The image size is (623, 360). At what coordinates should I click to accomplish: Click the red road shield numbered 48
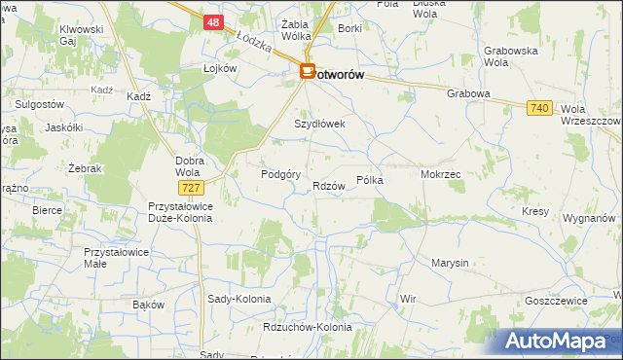[x=214, y=19]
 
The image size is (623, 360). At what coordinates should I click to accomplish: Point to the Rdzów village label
[x=329, y=186]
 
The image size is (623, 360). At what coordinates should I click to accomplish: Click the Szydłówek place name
[x=320, y=125]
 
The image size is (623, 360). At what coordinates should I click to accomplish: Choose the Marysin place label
[x=450, y=263]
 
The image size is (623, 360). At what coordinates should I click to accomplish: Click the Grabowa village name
[x=467, y=93]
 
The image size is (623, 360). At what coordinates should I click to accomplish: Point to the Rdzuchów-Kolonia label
[x=307, y=327]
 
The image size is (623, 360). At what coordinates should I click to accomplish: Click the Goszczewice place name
[x=555, y=301]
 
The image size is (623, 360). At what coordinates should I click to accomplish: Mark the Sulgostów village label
[x=34, y=103]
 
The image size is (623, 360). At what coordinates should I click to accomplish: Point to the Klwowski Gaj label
[x=81, y=35]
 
